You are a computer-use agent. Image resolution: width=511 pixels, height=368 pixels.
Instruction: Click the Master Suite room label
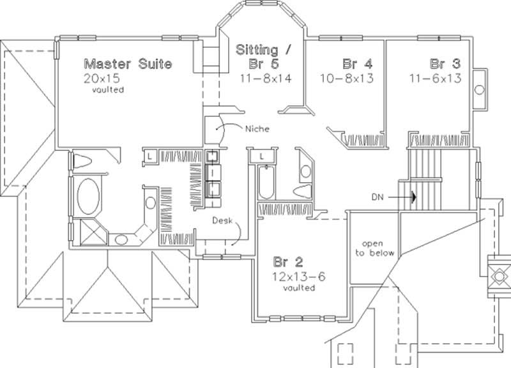[128, 64]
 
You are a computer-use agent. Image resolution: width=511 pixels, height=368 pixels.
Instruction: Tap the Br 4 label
[357, 64]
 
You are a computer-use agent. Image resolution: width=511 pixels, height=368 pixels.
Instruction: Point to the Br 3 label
[445, 64]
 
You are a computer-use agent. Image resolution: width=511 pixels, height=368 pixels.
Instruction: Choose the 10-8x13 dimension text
[347, 79]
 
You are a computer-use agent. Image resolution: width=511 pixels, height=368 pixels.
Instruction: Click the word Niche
[257, 128]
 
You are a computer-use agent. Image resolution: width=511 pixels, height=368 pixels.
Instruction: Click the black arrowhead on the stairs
[414, 197]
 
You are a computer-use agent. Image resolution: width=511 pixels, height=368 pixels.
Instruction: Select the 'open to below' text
[375, 249]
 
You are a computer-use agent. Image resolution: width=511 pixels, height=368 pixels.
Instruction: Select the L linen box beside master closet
[148, 156]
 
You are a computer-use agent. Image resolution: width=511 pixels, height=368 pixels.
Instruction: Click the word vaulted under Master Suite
[107, 90]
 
